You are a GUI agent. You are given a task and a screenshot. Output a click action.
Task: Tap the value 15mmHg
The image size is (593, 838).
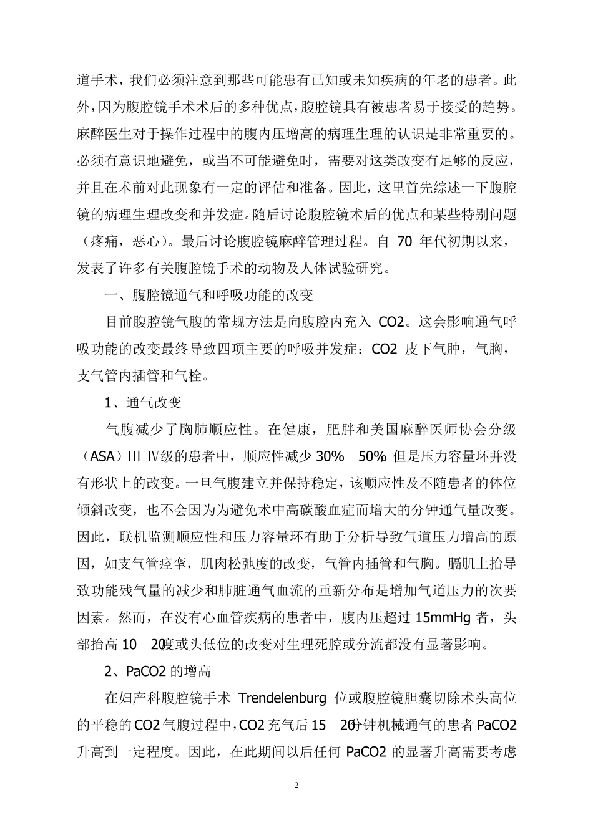click(x=443, y=617)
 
